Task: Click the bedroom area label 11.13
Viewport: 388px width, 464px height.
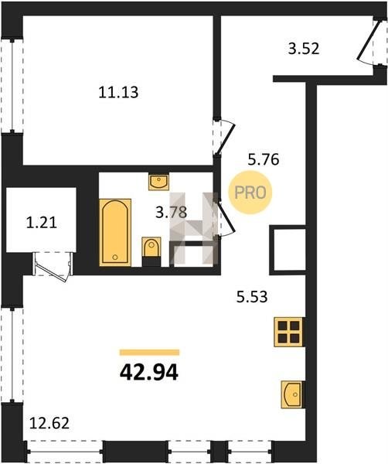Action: coord(118,92)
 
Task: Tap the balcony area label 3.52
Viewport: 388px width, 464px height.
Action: coord(304,49)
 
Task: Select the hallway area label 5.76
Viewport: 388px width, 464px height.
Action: coord(264,160)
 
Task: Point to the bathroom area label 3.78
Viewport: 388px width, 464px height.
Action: coord(172,212)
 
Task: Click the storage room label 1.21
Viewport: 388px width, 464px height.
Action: coord(42,223)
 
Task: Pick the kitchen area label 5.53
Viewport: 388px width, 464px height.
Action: coord(252,297)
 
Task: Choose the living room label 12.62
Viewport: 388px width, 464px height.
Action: coord(49,423)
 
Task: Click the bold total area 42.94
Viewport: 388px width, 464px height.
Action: coord(149,373)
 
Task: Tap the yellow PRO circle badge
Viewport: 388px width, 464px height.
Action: coord(250,193)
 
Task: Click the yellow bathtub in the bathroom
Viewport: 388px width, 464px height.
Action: coord(115,232)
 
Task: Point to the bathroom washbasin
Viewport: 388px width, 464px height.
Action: coord(158,182)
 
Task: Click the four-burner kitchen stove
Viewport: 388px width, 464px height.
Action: coord(288,332)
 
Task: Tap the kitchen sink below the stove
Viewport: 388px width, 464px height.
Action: coord(292,394)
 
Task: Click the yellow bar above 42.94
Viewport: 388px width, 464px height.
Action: coord(150,352)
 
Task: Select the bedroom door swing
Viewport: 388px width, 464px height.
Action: coord(224,138)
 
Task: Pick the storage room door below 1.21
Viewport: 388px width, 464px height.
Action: coord(53,267)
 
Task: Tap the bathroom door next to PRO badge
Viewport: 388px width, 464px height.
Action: coord(226,219)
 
